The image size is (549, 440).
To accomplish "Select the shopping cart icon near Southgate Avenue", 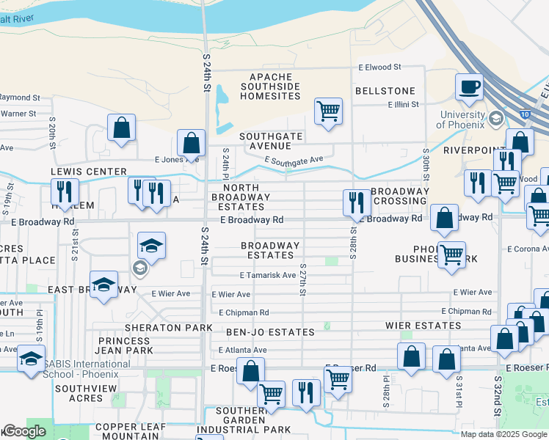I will coord(328,112).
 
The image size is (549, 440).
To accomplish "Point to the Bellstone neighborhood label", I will coord(385,91).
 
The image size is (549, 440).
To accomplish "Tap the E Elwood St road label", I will coord(379,67).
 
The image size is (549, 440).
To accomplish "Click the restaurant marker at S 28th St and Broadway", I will coord(356,203).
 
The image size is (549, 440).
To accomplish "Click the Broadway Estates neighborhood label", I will coord(271,250).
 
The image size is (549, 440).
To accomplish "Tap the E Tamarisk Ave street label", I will coord(268,275).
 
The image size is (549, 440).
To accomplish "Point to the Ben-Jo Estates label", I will coord(270,332).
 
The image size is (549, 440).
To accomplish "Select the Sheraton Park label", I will coord(163,327).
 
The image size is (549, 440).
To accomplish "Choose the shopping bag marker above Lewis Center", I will coord(122,128).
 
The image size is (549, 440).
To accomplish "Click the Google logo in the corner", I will coord(23,432).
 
